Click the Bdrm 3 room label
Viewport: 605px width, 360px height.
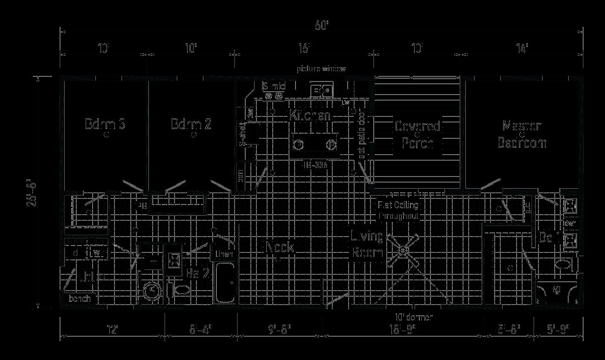(x=105, y=124)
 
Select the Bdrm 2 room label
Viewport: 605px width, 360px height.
(x=191, y=124)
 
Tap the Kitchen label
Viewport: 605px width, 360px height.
(x=310, y=115)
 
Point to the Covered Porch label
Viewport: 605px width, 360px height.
(x=417, y=135)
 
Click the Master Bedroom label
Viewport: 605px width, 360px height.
(x=522, y=134)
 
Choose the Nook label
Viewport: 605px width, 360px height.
(x=280, y=247)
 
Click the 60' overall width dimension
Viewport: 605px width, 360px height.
(x=322, y=26)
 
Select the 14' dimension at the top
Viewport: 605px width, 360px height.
(x=522, y=48)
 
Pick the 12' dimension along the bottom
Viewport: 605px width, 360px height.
(x=112, y=330)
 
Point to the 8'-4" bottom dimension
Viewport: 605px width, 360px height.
(x=201, y=330)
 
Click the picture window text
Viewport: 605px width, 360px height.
(x=322, y=69)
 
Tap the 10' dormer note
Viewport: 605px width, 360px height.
(x=414, y=317)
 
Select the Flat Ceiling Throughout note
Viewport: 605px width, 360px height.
(x=398, y=211)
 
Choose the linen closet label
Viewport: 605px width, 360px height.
(x=223, y=254)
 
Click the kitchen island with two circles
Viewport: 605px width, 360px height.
(x=315, y=144)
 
